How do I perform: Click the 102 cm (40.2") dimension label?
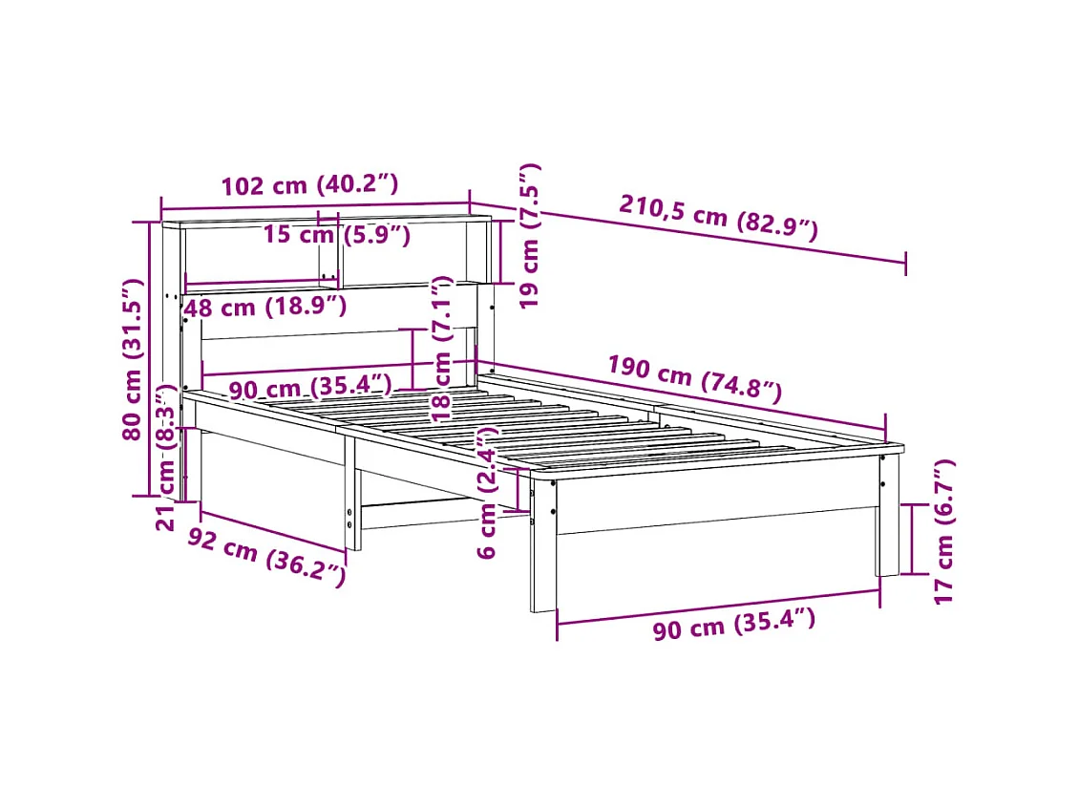pos(308,184)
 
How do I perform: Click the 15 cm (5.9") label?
pos(336,235)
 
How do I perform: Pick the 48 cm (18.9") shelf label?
pos(264,308)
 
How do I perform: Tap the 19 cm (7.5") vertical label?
pos(531,235)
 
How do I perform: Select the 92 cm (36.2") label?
pos(265,557)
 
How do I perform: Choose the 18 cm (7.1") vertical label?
pos(441,350)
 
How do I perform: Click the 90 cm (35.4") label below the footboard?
pos(733,626)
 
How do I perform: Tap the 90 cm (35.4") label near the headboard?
pos(310,389)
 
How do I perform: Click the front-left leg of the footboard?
pos(543,544)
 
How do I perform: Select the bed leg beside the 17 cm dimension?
pos(888,521)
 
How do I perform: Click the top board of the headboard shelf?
pos(325,223)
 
